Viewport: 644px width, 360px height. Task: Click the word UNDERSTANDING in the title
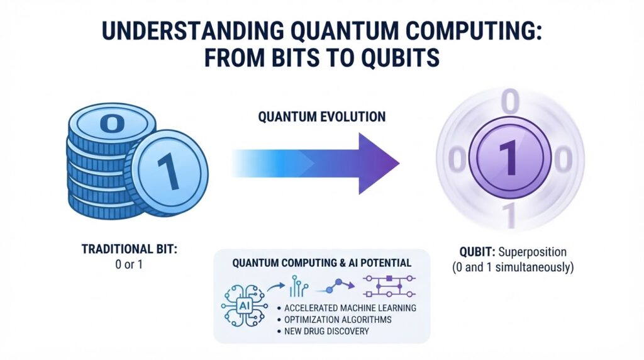tap(192, 31)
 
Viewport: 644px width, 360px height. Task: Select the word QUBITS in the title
tap(401, 57)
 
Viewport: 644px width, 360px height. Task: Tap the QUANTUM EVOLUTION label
tap(322, 116)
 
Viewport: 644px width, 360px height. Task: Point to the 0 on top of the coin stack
tap(112, 123)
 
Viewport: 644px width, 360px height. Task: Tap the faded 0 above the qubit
tap(509, 101)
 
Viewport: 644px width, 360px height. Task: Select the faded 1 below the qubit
tap(509, 215)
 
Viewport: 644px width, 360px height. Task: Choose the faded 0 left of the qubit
tap(457, 159)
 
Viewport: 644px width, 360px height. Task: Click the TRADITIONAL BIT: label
tap(130, 249)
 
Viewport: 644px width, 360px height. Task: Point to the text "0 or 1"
tap(129, 264)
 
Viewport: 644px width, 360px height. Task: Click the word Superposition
tap(532, 252)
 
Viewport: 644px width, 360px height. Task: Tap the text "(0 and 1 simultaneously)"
tap(513, 267)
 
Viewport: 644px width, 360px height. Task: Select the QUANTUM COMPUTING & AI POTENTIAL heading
tap(321, 263)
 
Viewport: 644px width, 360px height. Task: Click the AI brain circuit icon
tap(244, 305)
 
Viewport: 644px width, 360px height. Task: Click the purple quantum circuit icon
tap(389, 286)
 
